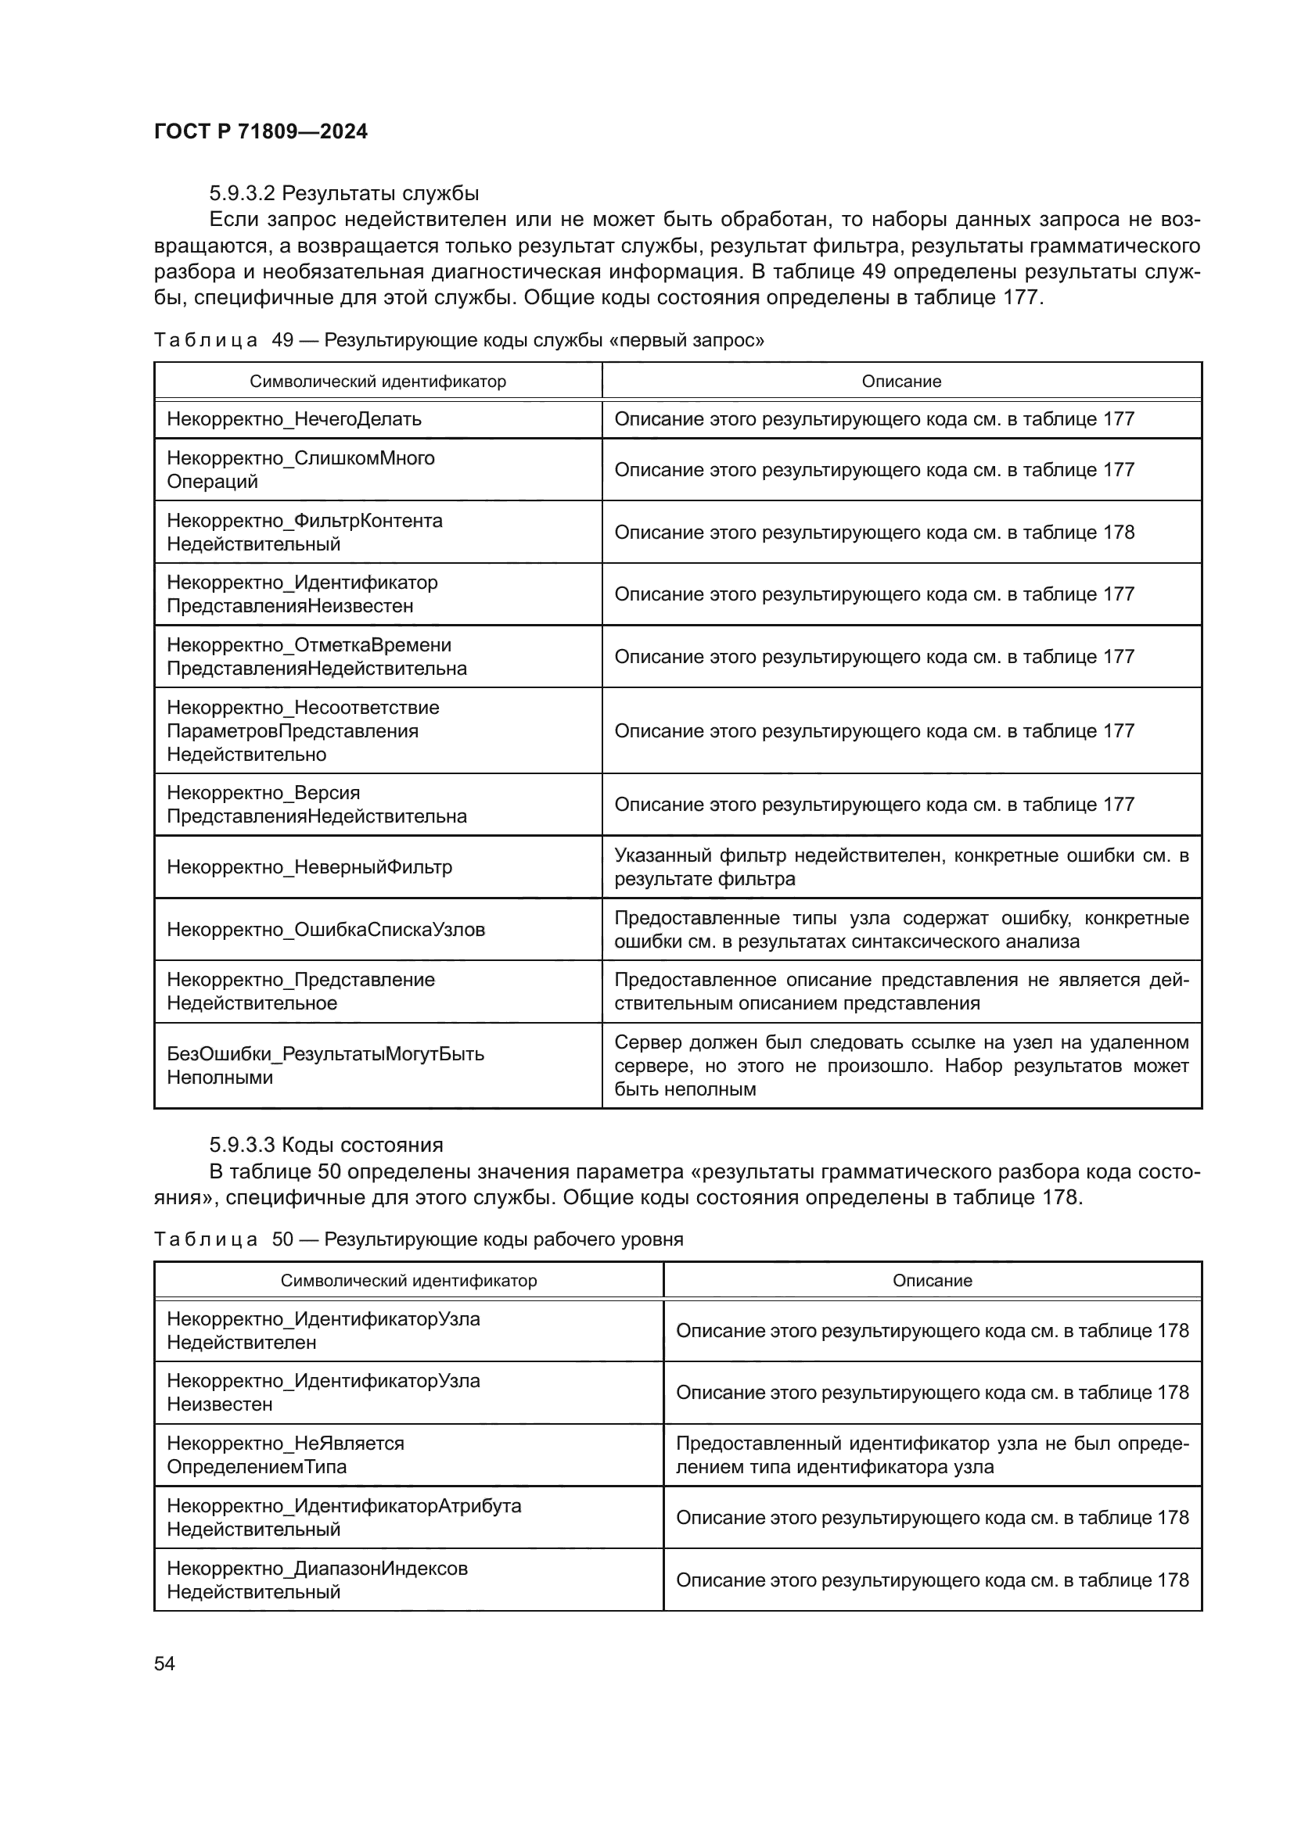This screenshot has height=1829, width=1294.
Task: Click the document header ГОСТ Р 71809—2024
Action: click(261, 131)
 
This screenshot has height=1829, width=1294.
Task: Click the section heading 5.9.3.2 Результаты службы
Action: click(343, 194)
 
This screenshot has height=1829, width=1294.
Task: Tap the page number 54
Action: click(164, 1663)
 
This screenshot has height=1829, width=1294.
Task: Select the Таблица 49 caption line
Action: click(458, 340)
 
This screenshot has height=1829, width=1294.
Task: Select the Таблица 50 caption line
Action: click(419, 1239)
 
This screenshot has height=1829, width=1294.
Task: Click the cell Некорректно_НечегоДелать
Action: click(294, 419)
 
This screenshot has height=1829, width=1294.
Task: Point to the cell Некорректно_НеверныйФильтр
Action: click(309, 866)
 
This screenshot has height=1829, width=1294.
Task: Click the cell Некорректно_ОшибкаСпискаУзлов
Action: click(325, 930)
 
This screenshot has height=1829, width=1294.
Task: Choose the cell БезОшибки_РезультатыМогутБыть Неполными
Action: click(325, 1066)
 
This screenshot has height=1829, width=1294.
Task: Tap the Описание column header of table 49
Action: click(900, 382)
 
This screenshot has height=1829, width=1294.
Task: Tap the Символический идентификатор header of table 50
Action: click(408, 1281)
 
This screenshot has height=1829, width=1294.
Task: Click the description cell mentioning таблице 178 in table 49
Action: click(874, 533)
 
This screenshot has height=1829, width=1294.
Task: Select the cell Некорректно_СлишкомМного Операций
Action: click(300, 470)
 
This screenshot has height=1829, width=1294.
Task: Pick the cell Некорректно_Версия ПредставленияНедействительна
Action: click(316, 805)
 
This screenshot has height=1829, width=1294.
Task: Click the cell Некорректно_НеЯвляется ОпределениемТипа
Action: click(286, 1454)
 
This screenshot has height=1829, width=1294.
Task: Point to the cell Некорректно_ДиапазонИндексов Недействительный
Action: click(317, 1580)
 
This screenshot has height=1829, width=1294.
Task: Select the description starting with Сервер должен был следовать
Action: click(900, 1066)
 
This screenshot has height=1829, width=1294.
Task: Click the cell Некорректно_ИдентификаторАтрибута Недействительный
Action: click(343, 1518)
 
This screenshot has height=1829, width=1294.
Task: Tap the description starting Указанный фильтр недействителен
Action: click(900, 866)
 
